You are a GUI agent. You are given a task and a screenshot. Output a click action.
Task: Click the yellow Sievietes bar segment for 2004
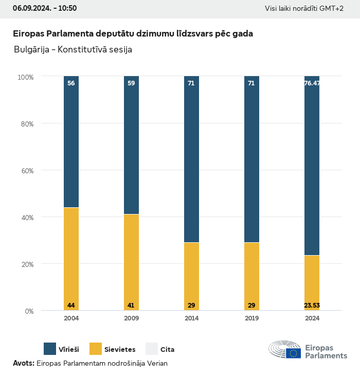71,257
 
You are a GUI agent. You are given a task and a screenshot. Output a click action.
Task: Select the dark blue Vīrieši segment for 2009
131,144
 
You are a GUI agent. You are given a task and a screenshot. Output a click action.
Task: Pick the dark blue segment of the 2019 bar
251,159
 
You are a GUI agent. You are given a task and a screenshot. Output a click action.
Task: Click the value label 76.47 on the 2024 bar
312,83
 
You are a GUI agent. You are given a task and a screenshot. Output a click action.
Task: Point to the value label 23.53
312,306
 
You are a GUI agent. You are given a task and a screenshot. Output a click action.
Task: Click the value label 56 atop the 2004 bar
71,83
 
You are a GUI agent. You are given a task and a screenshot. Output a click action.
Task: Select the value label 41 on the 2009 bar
131,306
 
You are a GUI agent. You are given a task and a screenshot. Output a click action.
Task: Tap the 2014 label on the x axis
191,318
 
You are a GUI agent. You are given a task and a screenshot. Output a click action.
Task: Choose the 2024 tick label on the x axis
312,318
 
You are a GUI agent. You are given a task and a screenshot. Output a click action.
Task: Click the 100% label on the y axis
25,77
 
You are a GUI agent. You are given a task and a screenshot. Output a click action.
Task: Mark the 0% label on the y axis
29,311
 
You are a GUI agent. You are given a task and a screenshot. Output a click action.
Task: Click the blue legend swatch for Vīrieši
50,349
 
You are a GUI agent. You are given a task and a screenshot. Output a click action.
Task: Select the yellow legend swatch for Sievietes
96,349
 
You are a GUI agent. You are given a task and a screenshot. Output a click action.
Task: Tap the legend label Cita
167,350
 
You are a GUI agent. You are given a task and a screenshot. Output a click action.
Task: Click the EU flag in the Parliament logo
294,353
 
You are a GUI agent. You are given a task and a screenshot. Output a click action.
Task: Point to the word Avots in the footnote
23,363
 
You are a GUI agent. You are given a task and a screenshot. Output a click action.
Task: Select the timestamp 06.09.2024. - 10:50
45,8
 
